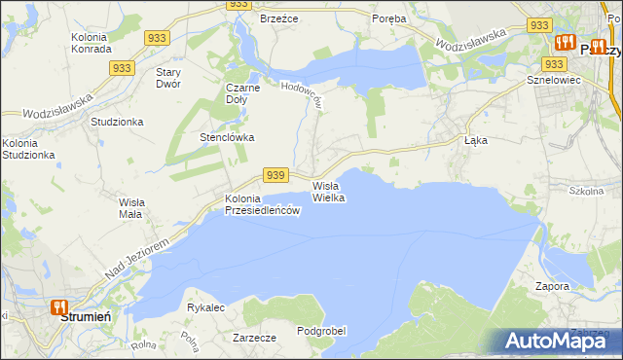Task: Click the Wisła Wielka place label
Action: tap(328, 191)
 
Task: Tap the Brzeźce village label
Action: tap(277, 18)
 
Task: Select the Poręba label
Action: tap(390, 18)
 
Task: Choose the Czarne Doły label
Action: tap(242, 92)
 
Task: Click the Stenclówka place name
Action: tap(227, 137)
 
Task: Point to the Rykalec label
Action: tap(205, 307)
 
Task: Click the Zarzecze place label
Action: tap(254, 338)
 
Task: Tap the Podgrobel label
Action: tap(321, 331)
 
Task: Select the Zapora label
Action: tap(552, 286)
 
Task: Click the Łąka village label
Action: tap(475, 140)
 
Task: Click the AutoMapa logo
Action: tap(558, 341)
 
